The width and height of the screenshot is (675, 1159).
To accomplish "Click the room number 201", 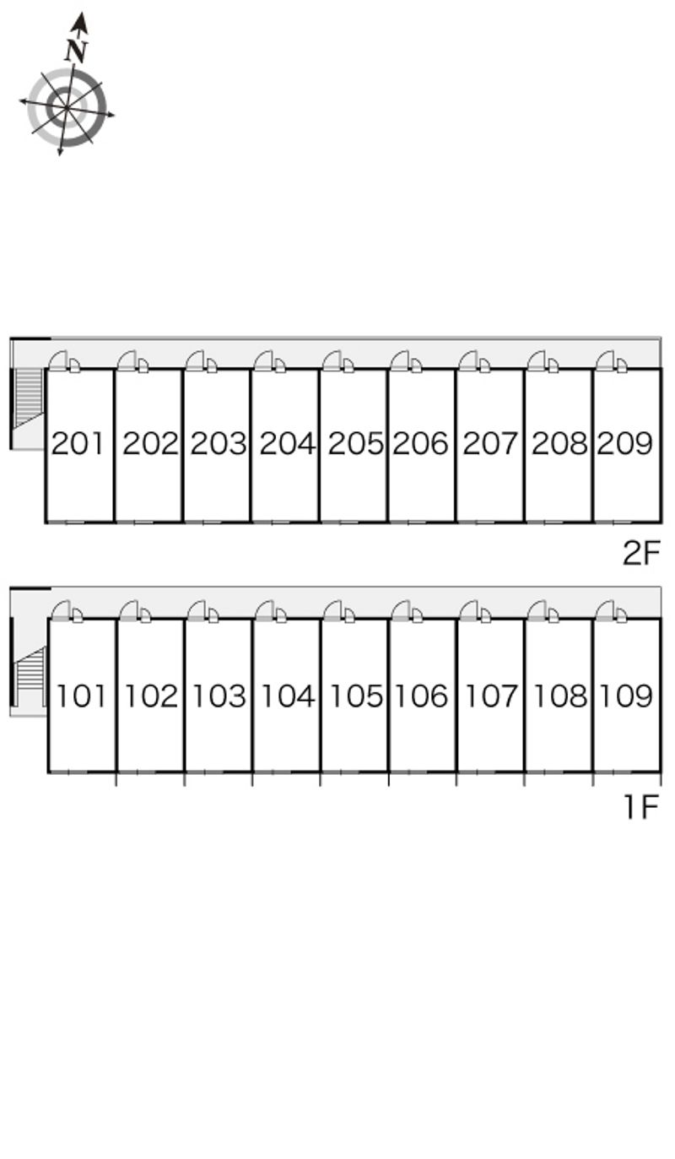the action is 78,443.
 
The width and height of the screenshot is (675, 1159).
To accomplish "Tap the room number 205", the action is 355,443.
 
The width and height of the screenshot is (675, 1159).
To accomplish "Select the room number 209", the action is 625,443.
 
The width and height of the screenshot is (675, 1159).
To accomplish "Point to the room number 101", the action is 81,696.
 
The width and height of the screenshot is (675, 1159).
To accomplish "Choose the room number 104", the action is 288,696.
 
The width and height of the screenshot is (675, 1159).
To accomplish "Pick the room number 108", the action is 560,696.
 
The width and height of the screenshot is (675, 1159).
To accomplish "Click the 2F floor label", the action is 641,553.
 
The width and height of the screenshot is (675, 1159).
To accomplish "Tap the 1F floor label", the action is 642,807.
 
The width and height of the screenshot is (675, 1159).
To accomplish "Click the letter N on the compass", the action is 76,50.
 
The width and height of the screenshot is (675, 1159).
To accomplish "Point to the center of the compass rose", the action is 67,107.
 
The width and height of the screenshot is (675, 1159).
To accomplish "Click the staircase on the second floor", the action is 29,397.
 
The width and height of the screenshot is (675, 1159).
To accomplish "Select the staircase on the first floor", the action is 31,674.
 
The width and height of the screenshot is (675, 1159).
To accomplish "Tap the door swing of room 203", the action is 194,360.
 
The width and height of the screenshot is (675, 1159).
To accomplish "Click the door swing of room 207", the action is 467,360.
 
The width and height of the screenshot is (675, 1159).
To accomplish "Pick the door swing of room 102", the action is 129,610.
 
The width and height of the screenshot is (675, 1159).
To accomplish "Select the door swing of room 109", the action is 605,610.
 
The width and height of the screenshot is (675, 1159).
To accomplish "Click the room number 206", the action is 420,443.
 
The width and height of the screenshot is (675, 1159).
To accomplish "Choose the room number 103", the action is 219,696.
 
